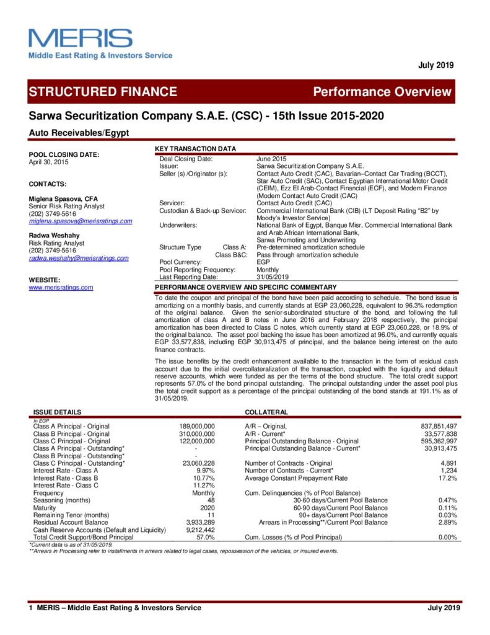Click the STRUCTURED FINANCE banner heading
(103, 92)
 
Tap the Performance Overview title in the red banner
(382, 92)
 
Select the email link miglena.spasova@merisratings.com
(81, 221)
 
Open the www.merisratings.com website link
(61, 287)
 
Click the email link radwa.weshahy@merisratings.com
(79, 258)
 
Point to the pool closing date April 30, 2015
(49, 162)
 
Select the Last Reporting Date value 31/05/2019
(273, 277)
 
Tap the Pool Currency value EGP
(263, 262)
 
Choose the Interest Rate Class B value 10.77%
(204, 478)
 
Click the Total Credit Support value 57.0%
(205, 537)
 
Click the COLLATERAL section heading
(266, 412)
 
